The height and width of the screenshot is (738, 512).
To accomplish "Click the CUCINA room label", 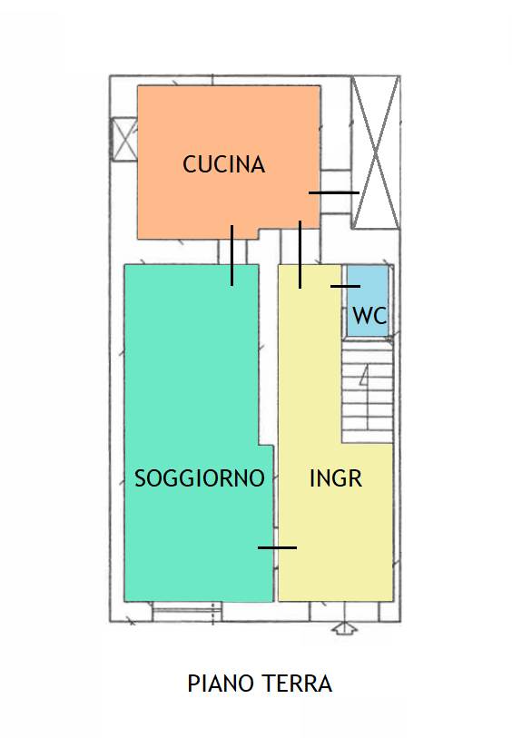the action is pyautogui.click(x=223, y=164).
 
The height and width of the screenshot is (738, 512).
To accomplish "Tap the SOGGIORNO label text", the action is pyautogui.click(x=200, y=478).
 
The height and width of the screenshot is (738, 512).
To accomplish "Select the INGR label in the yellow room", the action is pyautogui.click(x=336, y=478).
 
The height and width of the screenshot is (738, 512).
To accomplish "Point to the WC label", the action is pyautogui.click(x=369, y=315).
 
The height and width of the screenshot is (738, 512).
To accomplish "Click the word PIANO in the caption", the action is pyautogui.click(x=220, y=684).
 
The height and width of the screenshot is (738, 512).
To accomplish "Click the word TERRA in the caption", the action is pyautogui.click(x=296, y=684).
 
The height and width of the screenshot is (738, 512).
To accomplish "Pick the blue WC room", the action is pyautogui.click(x=368, y=300).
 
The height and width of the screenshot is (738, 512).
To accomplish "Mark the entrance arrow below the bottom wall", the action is pyautogui.click(x=345, y=628).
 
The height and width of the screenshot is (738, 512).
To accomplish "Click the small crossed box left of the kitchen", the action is pyautogui.click(x=124, y=139).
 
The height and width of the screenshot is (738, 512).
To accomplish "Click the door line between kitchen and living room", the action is pyautogui.click(x=232, y=255).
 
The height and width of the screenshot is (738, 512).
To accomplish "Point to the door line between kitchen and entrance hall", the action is pyautogui.click(x=300, y=254).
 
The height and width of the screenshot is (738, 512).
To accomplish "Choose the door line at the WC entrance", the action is pyautogui.click(x=345, y=286).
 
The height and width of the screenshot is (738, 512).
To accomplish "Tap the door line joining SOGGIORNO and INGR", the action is pyautogui.click(x=277, y=547).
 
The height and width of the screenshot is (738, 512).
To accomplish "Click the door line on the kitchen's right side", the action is pyautogui.click(x=334, y=192).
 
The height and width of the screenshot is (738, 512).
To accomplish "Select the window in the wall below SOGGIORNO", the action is pyautogui.click(x=187, y=612).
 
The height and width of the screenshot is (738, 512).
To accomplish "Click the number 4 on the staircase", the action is pyautogui.click(x=365, y=375).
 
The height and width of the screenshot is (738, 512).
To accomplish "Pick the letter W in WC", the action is pyautogui.click(x=362, y=315).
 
